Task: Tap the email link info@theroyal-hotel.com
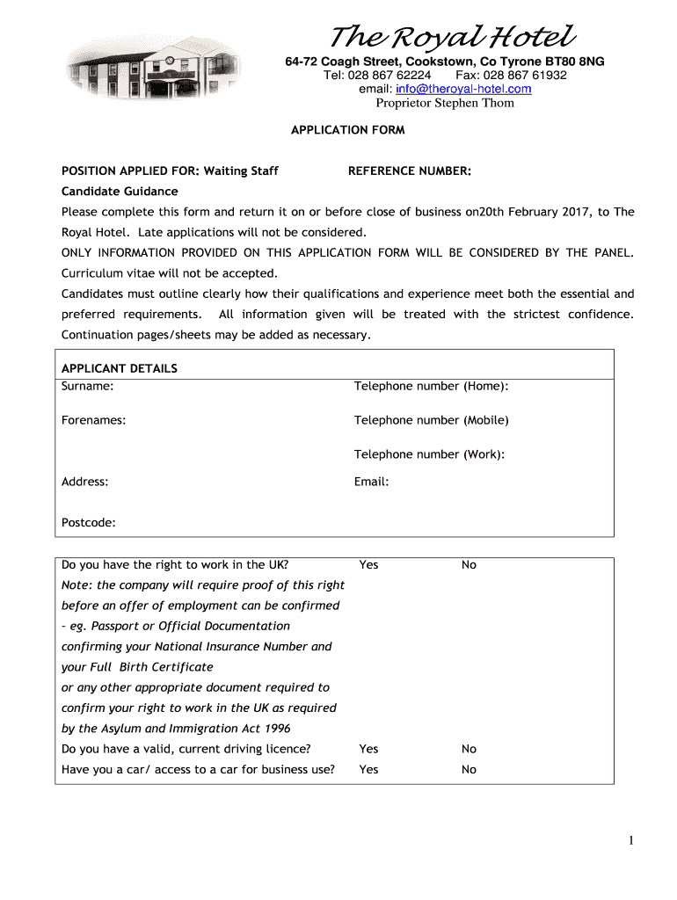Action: [463, 89]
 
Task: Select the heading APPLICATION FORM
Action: [348, 130]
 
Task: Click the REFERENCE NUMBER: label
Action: [410, 171]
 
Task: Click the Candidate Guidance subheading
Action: [120, 192]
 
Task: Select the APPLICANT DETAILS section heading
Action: [120, 368]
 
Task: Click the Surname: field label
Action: [87, 386]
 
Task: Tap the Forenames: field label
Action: [93, 420]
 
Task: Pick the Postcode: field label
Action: [89, 523]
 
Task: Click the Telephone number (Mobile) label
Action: [431, 420]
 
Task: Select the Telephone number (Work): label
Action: [429, 454]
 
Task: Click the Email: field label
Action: [371, 482]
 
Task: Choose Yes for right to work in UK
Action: [368, 565]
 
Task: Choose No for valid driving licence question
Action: [469, 749]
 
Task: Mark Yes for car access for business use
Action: [368, 770]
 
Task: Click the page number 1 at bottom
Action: [630, 841]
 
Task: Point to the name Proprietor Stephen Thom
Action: [445, 103]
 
